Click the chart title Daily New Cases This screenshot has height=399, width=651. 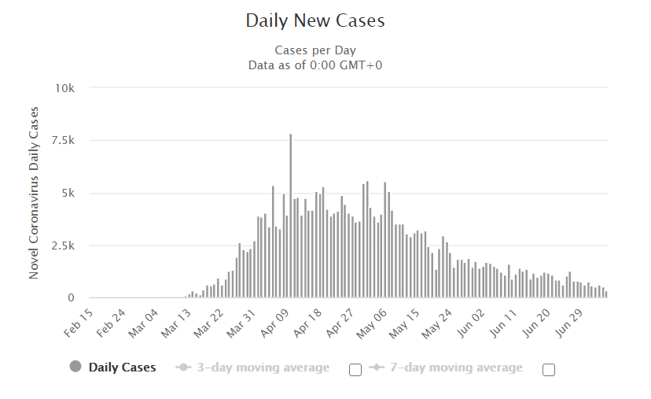[x=315, y=20]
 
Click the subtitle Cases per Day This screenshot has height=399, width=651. [x=314, y=51]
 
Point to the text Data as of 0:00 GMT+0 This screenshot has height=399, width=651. [x=314, y=65]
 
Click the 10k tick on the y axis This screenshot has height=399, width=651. [x=64, y=87]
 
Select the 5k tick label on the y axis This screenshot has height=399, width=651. [x=68, y=193]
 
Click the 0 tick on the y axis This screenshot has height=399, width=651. [x=71, y=298]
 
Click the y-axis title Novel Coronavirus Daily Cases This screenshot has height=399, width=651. [x=34, y=193]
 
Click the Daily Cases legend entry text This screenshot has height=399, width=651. [x=122, y=368]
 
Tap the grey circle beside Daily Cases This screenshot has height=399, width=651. [x=76, y=367]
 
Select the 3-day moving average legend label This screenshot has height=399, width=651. [x=263, y=368]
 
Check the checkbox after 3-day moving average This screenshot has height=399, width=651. [x=355, y=370]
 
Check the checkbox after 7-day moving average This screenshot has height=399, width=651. [x=549, y=370]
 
